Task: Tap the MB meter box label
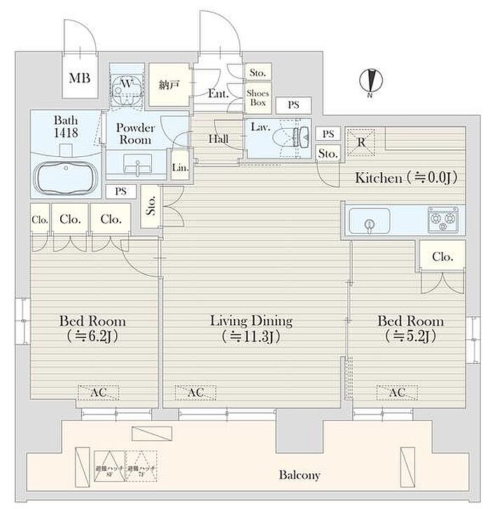78,78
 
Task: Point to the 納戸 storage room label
169,85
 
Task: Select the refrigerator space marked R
360,141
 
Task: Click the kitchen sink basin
367,223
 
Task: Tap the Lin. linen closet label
179,167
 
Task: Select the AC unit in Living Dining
195,393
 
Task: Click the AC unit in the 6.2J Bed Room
98,393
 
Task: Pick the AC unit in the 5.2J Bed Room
396,393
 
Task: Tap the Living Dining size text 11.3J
251,337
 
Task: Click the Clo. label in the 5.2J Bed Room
442,257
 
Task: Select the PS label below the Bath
122,190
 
